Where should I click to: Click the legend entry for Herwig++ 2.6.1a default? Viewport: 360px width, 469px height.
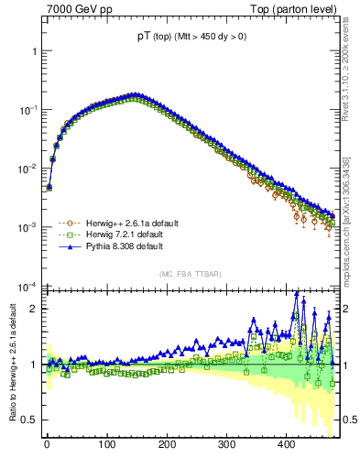coord(125,223)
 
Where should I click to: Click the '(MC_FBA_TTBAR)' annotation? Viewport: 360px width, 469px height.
coord(190,274)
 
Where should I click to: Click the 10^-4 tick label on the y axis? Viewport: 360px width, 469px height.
coord(27,286)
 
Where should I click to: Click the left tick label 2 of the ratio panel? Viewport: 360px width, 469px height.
coord(33,309)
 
